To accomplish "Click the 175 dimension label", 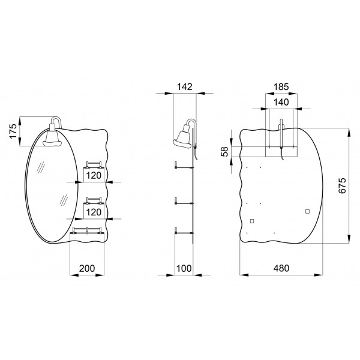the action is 13,131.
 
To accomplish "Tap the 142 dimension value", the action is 185,87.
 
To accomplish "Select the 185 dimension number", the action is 281,87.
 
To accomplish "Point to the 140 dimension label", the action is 281,102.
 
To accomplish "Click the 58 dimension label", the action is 224,151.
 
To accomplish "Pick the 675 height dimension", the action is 342,185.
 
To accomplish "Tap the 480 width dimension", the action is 281,268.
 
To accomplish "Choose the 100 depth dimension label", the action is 184,268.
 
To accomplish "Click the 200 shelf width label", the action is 87,268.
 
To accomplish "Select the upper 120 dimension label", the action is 94,176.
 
